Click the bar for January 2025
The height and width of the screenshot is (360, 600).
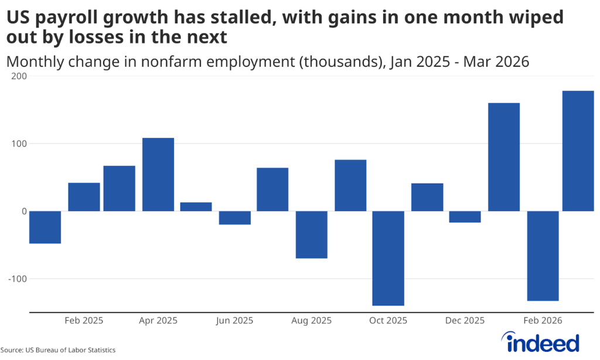[45, 227]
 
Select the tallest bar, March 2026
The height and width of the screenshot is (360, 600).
[578, 151]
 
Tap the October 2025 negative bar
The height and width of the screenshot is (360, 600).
[388, 258]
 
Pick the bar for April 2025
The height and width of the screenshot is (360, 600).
[158, 174]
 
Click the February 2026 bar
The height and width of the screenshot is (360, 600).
[543, 256]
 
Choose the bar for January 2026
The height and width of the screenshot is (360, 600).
[504, 157]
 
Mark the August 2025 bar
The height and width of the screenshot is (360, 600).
[311, 235]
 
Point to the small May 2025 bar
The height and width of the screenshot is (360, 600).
[196, 206]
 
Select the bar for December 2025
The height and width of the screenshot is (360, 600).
[465, 217]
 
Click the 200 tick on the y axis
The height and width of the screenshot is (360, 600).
[19, 76]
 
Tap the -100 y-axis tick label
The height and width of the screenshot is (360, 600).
[16, 279]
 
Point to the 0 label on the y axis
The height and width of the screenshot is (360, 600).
[24, 211]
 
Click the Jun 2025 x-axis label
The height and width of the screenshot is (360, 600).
[234, 321]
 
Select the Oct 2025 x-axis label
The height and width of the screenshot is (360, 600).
[388, 321]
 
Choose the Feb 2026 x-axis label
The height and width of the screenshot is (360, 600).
[543, 321]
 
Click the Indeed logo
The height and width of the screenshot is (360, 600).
[540, 341]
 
